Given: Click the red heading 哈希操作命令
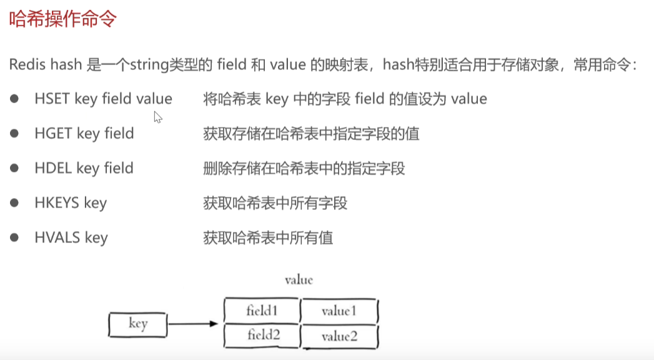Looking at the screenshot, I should coord(63,19).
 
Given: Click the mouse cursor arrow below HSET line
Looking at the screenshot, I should coord(157,117).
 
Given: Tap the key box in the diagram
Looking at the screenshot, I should coord(137,324).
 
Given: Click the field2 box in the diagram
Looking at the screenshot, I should coord(262,336).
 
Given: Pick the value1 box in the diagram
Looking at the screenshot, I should coord(340,311).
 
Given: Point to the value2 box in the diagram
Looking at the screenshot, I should coord(340,337).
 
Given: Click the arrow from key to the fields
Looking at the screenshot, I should coord(192,324).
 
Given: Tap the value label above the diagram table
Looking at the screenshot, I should coord(299,280).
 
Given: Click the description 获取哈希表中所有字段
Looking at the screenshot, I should coord(275,203).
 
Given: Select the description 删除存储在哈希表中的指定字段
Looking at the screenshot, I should coord(304,168).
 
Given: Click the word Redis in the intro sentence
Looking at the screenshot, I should coord(27,65).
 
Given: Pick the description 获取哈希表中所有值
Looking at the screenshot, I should coord(268,237).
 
